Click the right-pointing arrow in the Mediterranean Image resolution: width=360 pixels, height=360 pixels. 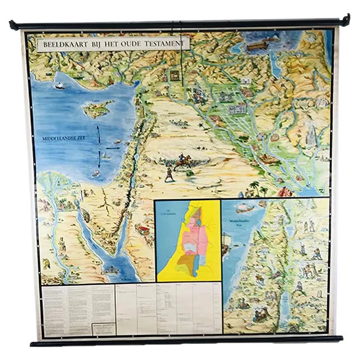click(106, 152)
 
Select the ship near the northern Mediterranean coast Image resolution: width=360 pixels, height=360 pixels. click(59, 85)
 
